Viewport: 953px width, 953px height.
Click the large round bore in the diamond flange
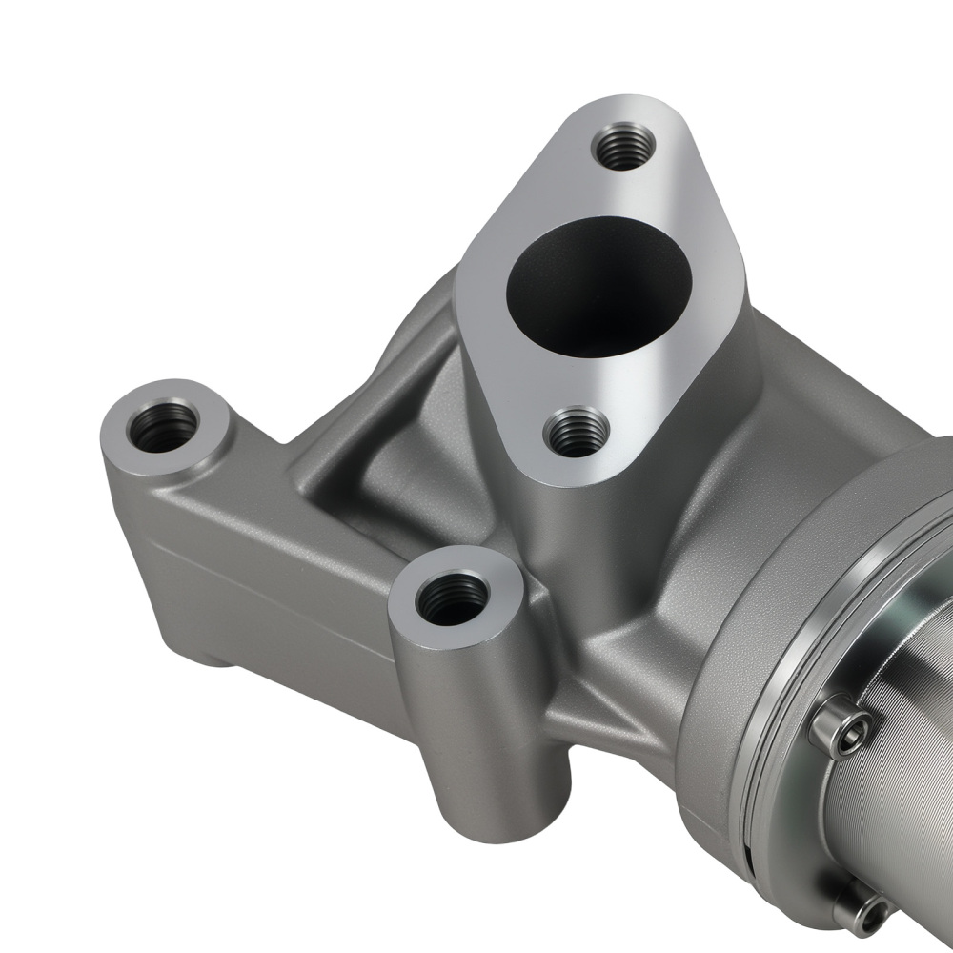click(x=598, y=286)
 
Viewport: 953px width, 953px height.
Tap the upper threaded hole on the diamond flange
click(x=623, y=147)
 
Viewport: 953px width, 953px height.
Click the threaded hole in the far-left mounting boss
click(x=163, y=426)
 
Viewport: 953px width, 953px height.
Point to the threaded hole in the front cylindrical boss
click(x=454, y=598)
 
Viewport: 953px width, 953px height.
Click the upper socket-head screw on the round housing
click(x=841, y=730)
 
